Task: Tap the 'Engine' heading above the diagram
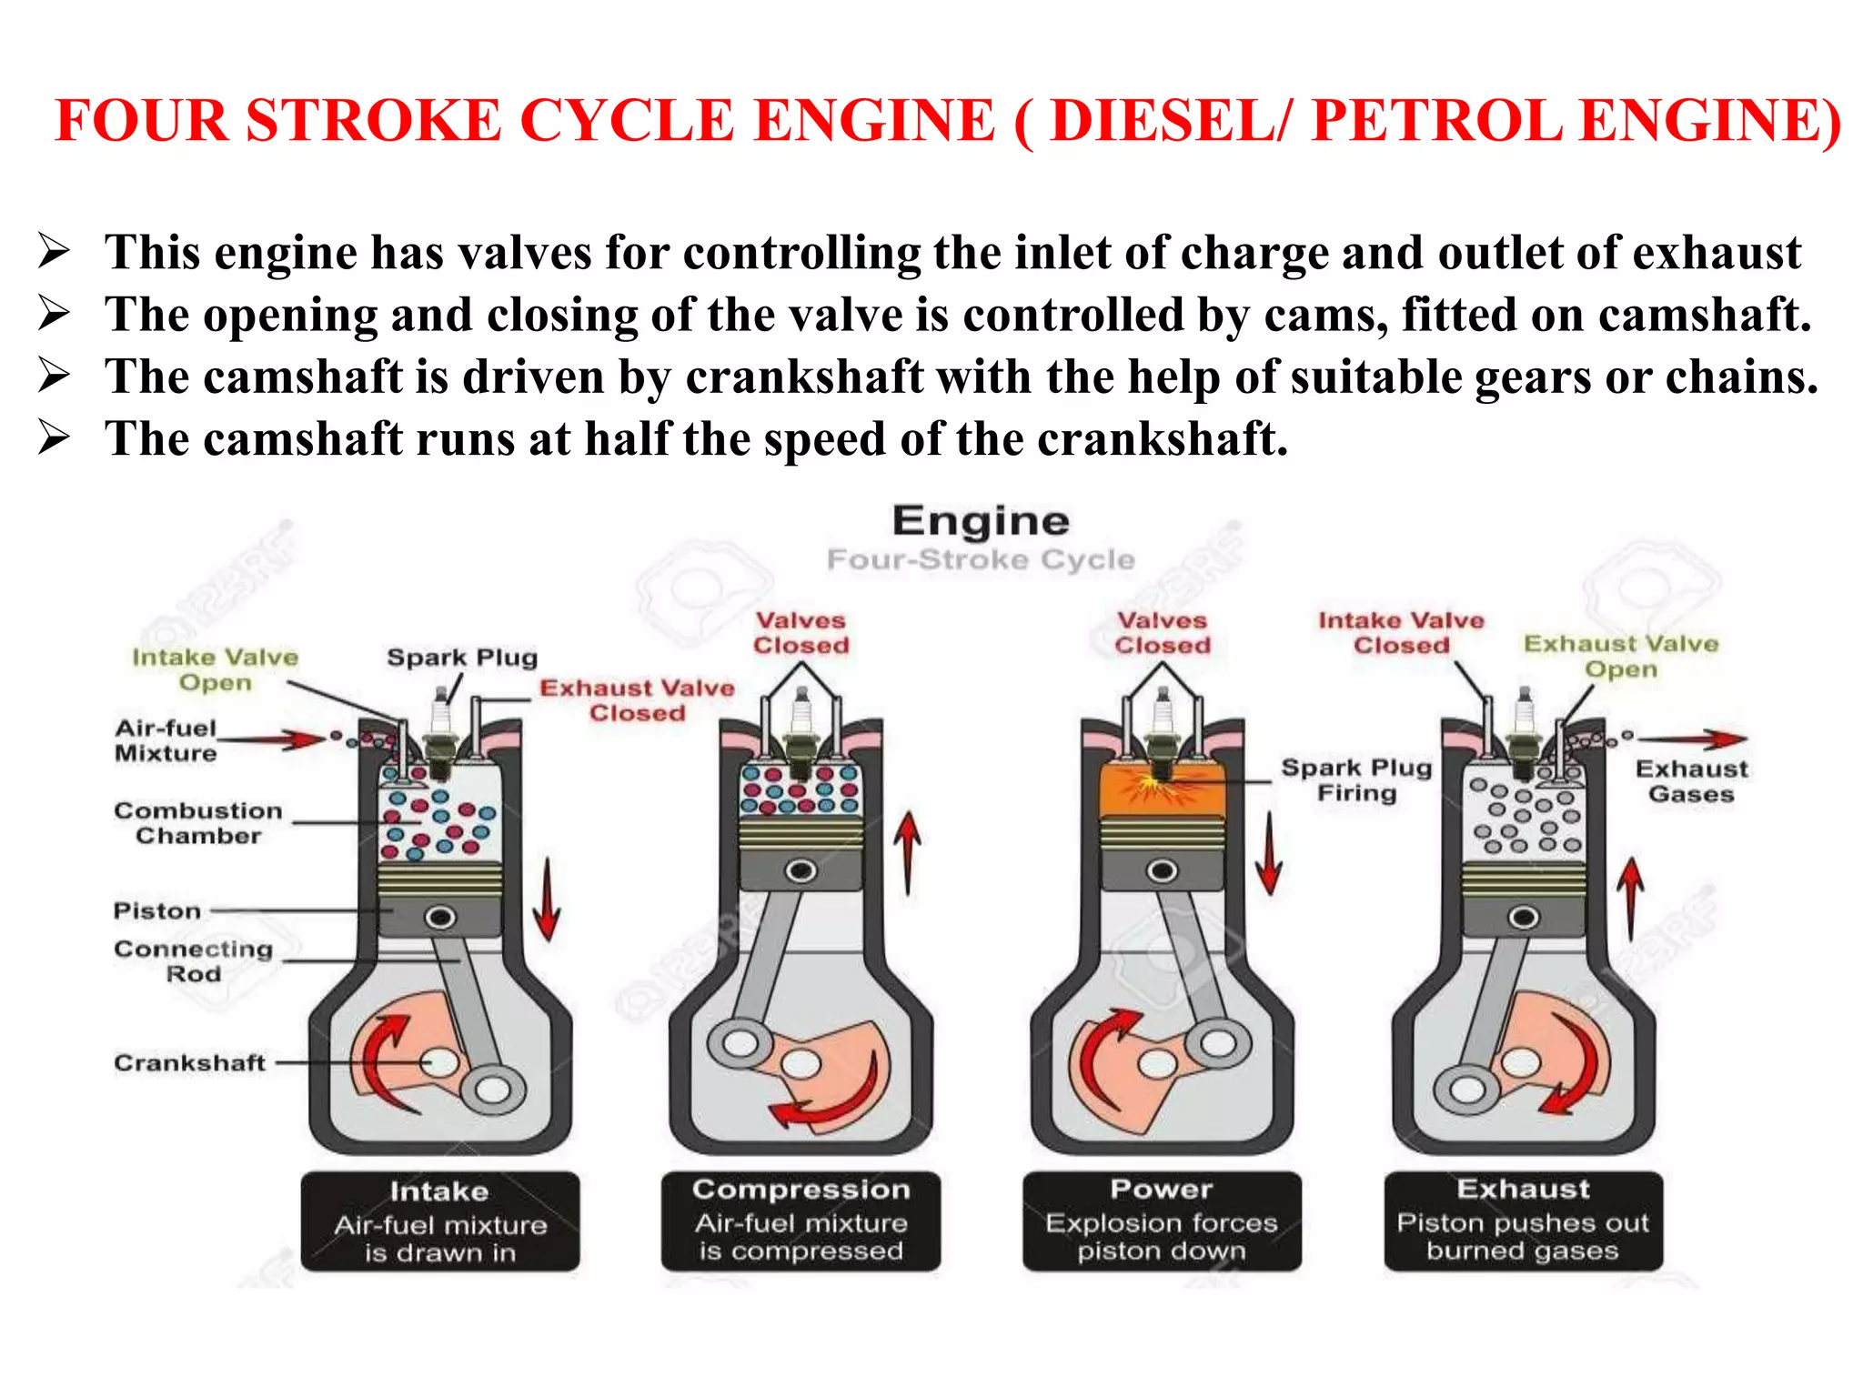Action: (x=981, y=521)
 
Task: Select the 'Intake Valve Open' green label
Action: (x=215, y=669)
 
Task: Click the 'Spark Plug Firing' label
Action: (x=1355, y=779)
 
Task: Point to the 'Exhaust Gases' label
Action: (x=1691, y=781)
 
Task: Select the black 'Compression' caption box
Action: (x=801, y=1221)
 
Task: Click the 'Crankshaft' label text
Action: (x=189, y=1062)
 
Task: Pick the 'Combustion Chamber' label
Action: (x=197, y=822)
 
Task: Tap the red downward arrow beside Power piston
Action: (x=1269, y=853)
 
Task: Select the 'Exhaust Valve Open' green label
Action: (x=1621, y=656)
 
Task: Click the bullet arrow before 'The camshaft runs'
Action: (x=54, y=438)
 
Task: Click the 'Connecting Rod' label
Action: (x=193, y=960)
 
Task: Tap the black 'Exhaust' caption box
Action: (x=1523, y=1221)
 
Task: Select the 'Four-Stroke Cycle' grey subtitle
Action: (x=981, y=559)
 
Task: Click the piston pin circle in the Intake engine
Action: (x=440, y=917)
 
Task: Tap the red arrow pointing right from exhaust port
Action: (x=1692, y=739)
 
